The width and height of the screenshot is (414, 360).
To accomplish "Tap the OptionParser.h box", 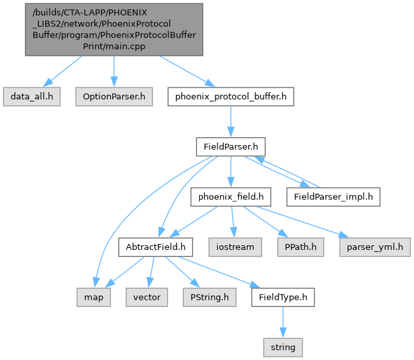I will (113, 97).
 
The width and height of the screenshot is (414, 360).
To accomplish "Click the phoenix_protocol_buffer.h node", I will (230, 97).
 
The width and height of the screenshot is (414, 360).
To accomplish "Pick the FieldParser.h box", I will (230, 147).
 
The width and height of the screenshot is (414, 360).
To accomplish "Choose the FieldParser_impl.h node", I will (333, 196).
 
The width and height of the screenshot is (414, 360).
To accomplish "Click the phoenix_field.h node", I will (230, 196).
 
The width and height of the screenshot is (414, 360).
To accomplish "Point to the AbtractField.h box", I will (155, 247).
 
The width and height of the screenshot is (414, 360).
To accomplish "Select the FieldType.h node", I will (283, 297).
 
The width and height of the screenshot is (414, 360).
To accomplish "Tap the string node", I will (283, 347).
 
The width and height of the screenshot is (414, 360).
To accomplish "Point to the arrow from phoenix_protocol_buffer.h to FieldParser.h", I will (230, 122).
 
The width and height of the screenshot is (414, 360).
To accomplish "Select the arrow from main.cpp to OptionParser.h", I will (113, 72).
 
